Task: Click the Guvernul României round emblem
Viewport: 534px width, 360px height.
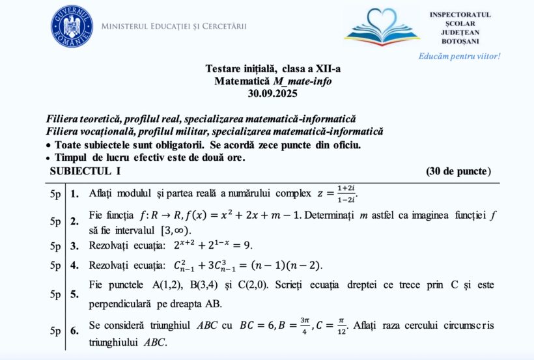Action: pyautogui.click(x=72, y=25)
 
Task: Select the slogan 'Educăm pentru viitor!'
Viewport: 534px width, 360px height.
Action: pyautogui.click(x=459, y=56)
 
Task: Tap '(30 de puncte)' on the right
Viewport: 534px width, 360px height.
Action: pyautogui.click(x=458, y=171)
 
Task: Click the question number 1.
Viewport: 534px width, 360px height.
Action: pyautogui.click(x=74, y=193)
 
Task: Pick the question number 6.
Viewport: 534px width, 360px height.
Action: pyautogui.click(x=74, y=331)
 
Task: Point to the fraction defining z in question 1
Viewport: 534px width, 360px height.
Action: pyautogui.click(x=345, y=193)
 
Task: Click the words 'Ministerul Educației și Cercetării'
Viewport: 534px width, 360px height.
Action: pyautogui.click(x=174, y=27)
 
